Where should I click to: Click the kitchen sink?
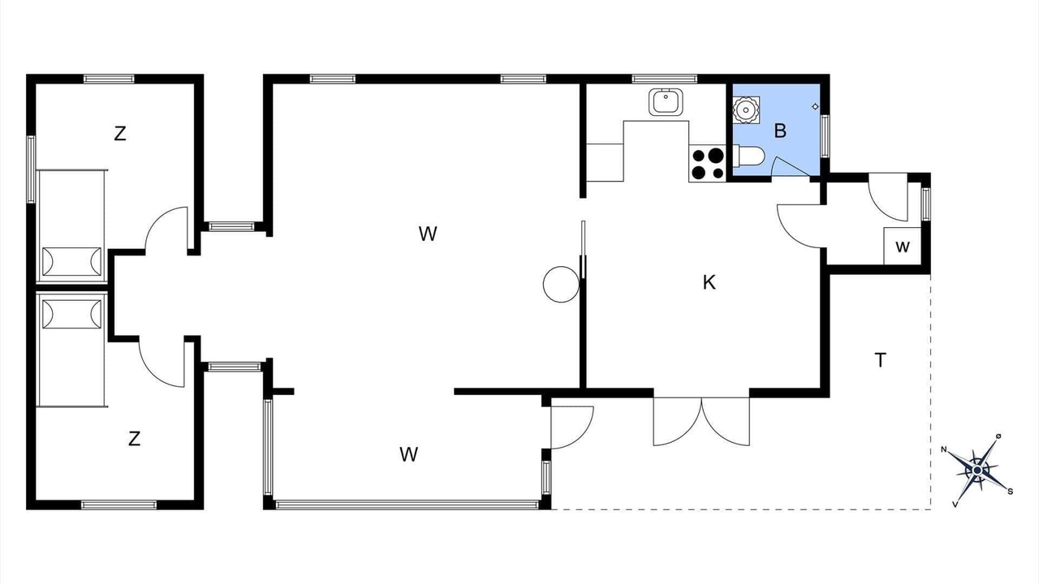click(666, 102)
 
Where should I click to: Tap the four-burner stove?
click(707, 164)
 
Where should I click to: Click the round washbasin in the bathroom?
click(746, 110)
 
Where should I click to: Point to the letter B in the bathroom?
click(780, 131)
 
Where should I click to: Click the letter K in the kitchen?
click(709, 282)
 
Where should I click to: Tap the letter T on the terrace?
click(880, 360)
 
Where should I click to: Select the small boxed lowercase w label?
click(902, 247)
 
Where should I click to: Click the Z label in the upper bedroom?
click(120, 134)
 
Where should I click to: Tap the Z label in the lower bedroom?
click(134, 439)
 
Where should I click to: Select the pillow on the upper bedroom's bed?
click(71, 262)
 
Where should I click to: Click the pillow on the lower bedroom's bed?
click(71, 314)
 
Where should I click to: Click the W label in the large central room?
click(428, 234)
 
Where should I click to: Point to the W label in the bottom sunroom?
click(408, 455)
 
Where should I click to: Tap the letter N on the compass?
click(943, 449)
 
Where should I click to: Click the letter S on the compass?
click(1011, 492)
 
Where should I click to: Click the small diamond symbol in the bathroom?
click(815, 106)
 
